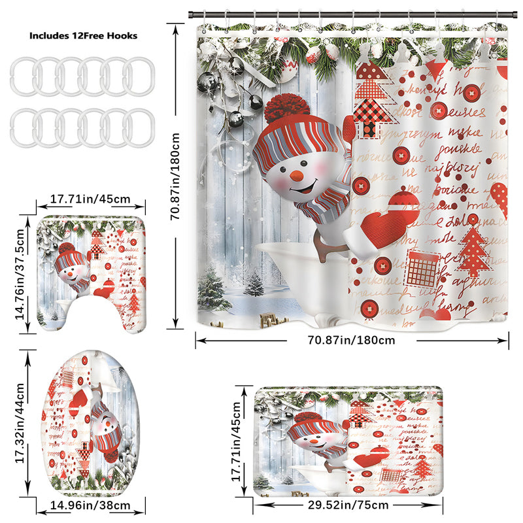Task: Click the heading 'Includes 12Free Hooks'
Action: click(84, 36)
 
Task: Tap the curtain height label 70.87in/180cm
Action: click(175, 177)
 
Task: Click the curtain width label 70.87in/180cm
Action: click(352, 340)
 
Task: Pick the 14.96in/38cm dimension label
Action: click(91, 505)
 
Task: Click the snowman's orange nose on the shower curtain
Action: click(295, 175)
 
